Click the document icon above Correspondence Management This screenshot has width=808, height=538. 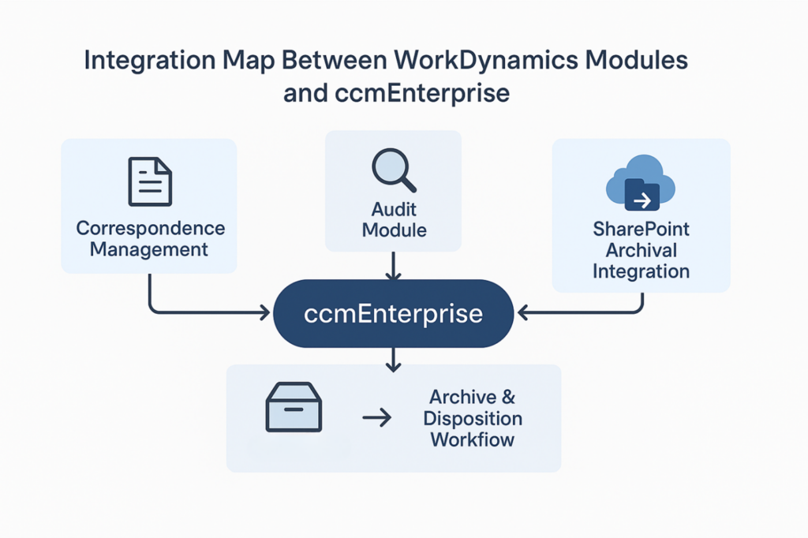pyautogui.click(x=150, y=181)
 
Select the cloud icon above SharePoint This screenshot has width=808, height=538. pyautogui.click(x=640, y=181)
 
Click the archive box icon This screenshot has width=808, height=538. pyautogui.click(x=294, y=407)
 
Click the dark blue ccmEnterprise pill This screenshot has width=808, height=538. pyautogui.click(x=393, y=313)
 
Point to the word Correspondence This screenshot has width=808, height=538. pyautogui.click(x=150, y=229)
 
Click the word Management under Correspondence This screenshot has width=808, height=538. pyautogui.click(x=149, y=250)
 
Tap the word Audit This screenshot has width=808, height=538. pyautogui.click(x=394, y=210)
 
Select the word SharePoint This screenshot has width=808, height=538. pyautogui.click(x=641, y=230)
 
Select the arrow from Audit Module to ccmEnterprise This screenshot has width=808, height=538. pyautogui.click(x=394, y=266)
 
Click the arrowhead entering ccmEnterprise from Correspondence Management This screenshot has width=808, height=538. pyautogui.click(x=264, y=313)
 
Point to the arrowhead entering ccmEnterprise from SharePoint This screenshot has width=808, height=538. pyautogui.click(x=522, y=313)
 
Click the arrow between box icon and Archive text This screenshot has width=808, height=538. pyautogui.click(x=376, y=418)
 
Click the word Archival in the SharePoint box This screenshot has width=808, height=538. pyautogui.click(x=641, y=250)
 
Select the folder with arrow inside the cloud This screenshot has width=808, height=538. pyautogui.click(x=642, y=195)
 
